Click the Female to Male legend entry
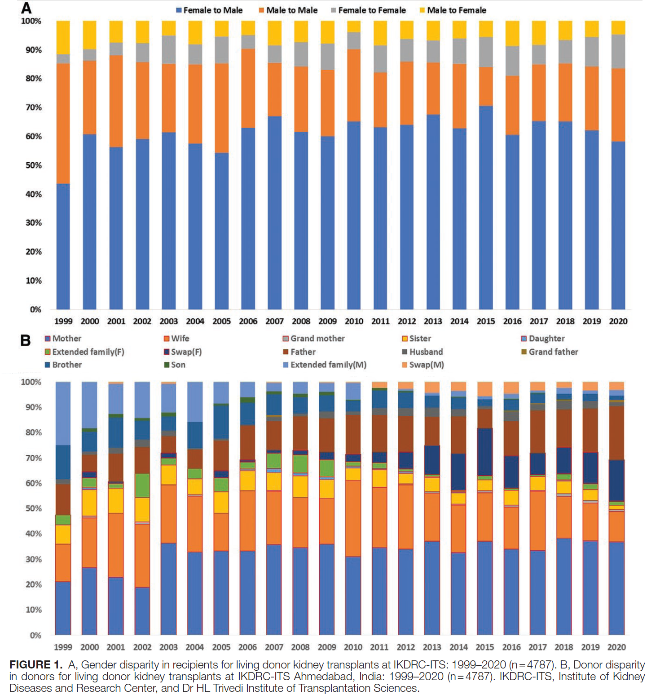(209, 10)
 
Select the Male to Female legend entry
(453, 10)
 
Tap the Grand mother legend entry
(314, 338)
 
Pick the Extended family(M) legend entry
(325, 365)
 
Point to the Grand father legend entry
(550, 352)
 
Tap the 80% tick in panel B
(31, 432)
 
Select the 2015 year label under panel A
(486, 321)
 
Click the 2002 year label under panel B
(142, 647)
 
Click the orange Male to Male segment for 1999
(63, 124)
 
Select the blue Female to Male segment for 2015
(486, 207)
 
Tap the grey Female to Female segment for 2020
(618, 51)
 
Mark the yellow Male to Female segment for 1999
(63, 37)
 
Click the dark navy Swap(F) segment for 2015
(485, 452)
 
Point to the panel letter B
(26, 340)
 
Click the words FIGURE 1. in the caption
(36, 664)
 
